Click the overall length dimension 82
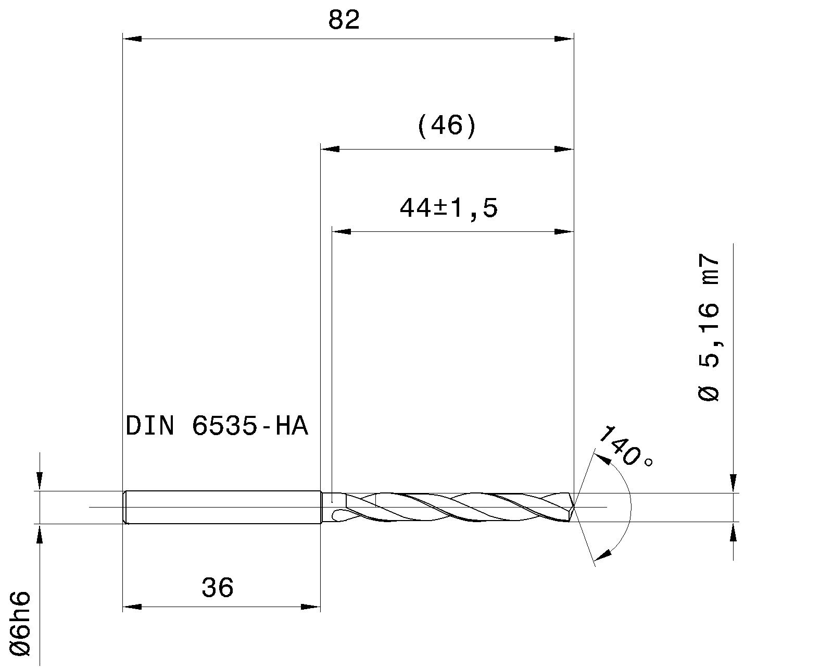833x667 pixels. coord(344,21)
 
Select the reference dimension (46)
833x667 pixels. coord(447,126)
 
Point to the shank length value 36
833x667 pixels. coord(218,588)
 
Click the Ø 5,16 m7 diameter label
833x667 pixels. coord(709,327)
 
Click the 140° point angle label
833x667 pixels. coord(623,448)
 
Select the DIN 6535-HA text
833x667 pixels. coord(217,426)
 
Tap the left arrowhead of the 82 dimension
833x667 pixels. coord(131,39)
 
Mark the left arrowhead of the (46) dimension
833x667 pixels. coord(330,150)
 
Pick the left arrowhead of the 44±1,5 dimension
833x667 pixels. coord(341,231)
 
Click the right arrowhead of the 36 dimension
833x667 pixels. coord(311,607)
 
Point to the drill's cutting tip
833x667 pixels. coord(573,507)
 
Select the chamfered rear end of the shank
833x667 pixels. coord(125,507)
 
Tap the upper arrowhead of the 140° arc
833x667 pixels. coord(602,459)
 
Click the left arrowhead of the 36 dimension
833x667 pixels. coord(131,607)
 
